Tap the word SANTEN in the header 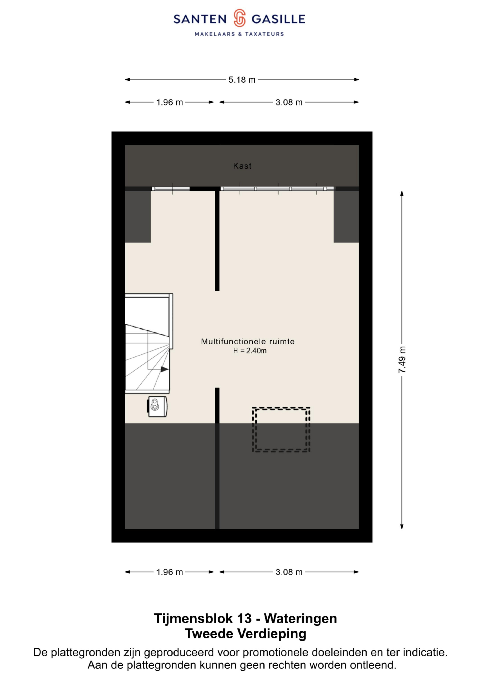(x=200, y=19)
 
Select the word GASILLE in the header (x=278, y=19)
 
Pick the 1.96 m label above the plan (x=170, y=103)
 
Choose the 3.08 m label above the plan (x=289, y=103)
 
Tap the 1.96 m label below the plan (x=170, y=572)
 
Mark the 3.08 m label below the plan (x=289, y=572)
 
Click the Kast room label (x=242, y=166)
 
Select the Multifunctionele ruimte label (x=248, y=341)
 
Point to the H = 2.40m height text (x=250, y=351)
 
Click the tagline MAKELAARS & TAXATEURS (x=239, y=34)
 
